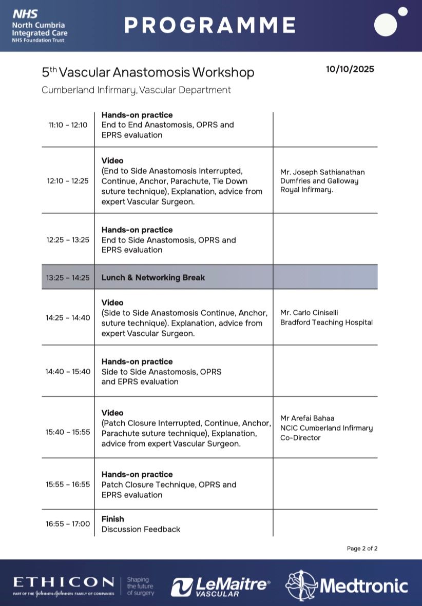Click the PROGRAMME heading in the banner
click(x=210, y=25)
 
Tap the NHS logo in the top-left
click(x=25, y=14)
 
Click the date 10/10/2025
click(x=350, y=69)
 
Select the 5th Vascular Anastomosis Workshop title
click(x=148, y=72)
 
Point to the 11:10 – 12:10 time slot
click(x=68, y=125)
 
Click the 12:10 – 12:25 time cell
click(x=68, y=180)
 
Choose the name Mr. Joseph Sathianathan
click(x=322, y=172)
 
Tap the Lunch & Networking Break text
click(x=153, y=277)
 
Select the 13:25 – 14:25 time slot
click(x=68, y=277)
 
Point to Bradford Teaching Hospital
click(x=327, y=322)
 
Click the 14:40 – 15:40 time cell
click(x=68, y=371)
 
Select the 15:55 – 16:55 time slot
click(x=68, y=484)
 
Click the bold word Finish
click(x=112, y=519)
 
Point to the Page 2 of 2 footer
click(x=362, y=549)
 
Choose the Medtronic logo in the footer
click(x=347, y=585)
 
